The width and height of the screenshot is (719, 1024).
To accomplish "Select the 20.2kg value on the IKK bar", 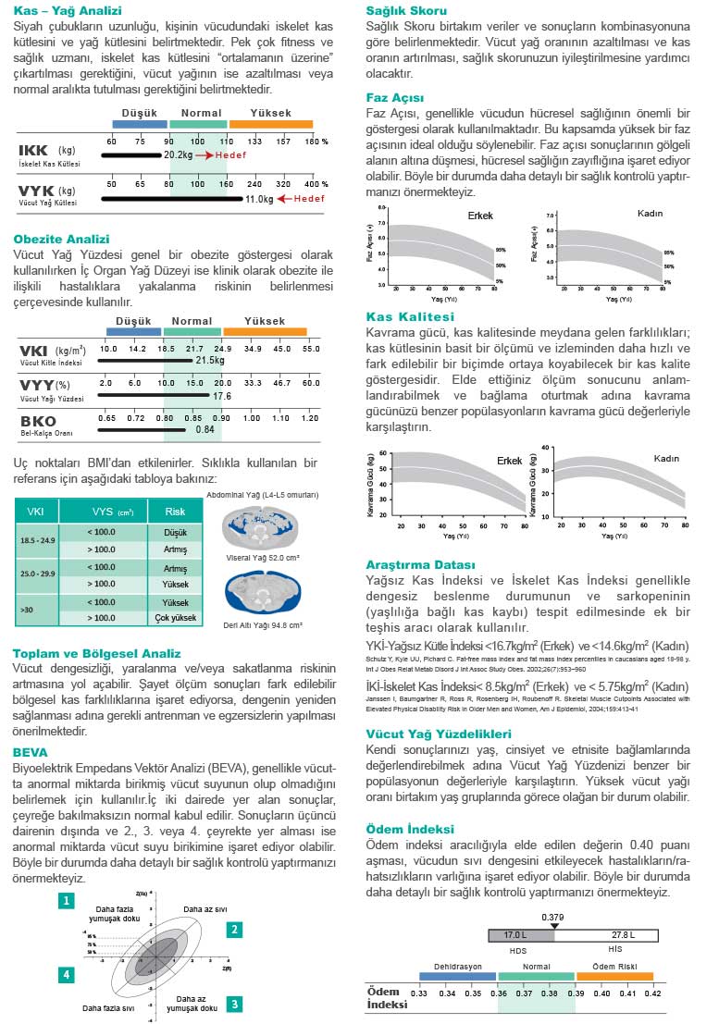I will point(179,154).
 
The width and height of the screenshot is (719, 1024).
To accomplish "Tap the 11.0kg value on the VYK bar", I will point(259,198).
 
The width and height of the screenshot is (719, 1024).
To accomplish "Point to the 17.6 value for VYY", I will point(222,396).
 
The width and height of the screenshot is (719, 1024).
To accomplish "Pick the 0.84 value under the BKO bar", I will point(205,430).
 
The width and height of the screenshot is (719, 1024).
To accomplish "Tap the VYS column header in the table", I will point(113,512).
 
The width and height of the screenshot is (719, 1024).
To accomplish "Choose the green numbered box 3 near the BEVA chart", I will point(235,1004).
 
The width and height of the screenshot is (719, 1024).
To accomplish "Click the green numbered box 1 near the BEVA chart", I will point(66,900).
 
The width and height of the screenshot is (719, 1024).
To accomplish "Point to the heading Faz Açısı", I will point(395,97).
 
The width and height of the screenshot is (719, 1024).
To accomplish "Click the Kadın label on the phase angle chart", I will point(651,214).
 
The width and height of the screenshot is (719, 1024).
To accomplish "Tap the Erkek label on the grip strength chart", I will point(510,460).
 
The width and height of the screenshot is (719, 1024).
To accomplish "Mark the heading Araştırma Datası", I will point(421,564).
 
